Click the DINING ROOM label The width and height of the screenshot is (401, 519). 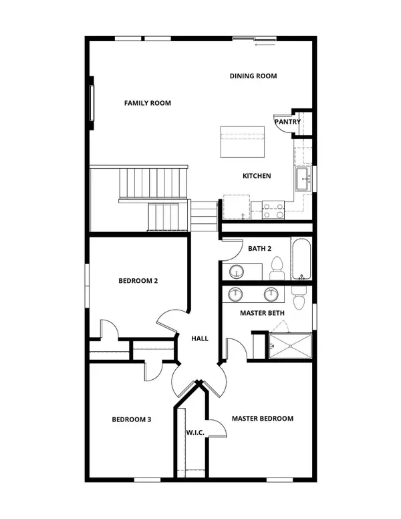point(253,76)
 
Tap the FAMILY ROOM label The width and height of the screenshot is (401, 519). point(148,103)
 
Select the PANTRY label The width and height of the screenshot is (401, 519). point(287,122)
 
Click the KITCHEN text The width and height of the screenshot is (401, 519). point(257,176)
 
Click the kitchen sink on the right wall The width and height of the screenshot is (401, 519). point(304,179)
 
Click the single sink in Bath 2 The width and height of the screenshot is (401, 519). point(237,272)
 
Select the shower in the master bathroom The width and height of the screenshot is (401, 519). point(289,345)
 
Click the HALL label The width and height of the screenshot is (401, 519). point(199,338)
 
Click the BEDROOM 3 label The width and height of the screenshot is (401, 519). point(131,419)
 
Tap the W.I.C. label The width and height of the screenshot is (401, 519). point(194,431)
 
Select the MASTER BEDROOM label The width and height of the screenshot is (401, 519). point(263,419)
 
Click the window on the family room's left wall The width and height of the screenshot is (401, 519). point(92,102)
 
